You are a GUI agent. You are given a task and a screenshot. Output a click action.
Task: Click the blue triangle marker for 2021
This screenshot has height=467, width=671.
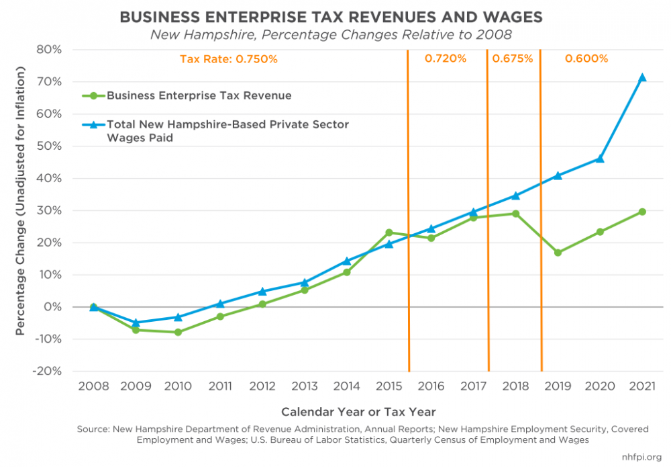pos(642,77)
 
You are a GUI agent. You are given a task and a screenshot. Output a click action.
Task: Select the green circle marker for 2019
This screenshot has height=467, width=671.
pos(558,253)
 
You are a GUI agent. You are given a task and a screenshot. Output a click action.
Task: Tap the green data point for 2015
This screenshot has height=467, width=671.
pos(389,232)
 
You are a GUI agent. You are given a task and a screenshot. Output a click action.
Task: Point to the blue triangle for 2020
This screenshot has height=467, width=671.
pos(600,159)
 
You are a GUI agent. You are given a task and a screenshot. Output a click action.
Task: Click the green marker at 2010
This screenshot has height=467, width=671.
pos(178,332)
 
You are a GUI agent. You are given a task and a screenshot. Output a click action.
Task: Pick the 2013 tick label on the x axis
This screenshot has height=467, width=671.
pos(305,386)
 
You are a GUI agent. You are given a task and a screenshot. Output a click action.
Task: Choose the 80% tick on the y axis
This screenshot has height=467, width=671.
pos(48,50)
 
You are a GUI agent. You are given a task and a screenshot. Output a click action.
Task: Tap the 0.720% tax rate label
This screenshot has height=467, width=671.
pos(446,58)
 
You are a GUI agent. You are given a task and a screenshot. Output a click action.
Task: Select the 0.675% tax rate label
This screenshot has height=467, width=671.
pos(513,58)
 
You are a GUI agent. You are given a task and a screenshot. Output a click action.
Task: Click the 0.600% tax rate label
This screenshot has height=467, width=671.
pos(586,58)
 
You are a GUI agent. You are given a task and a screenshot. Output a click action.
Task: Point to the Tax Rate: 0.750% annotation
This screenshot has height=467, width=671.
pos(228,59)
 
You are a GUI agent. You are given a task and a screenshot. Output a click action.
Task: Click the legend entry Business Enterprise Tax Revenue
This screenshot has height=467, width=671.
pos(199,95)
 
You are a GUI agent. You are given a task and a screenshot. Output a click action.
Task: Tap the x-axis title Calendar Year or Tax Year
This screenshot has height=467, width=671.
pos(358,411)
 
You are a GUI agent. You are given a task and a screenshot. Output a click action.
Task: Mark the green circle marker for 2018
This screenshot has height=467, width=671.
pos(515,214)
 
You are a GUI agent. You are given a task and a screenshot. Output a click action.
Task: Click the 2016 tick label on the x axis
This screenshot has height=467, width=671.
pos(431,386)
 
